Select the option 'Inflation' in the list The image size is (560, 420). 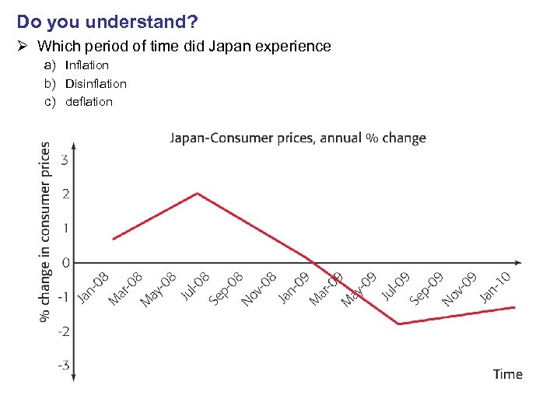(87, 65)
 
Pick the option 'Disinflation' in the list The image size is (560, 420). (96, 83)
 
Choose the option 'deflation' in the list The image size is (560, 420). (89, 102)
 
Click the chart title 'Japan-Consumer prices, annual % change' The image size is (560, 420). (298, 138)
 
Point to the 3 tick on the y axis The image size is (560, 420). (64, 160)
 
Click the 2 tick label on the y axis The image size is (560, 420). (64, 194)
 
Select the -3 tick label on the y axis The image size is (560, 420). (62, 365)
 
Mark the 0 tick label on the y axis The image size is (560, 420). (65, 263)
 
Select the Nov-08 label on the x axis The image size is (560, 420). (259, 289)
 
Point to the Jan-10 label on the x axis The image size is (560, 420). (495, 286)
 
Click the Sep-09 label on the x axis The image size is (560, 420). (427, 288)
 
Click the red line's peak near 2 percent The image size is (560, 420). (198, 193)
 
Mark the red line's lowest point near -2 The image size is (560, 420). (399, 324)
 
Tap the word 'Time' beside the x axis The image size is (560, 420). (507, 374)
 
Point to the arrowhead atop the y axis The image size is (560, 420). (73, 145)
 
